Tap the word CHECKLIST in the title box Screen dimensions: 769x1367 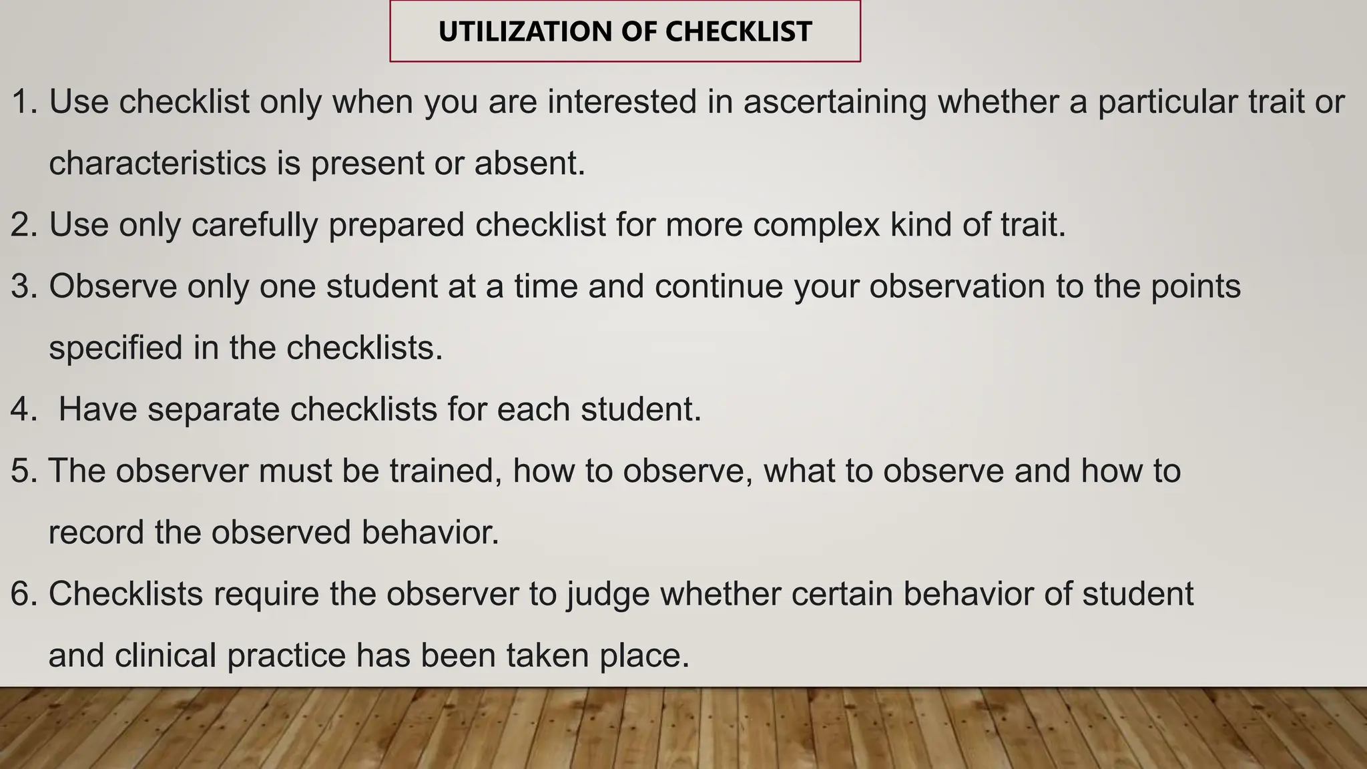(738, 32)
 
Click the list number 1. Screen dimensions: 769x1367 (25, 102)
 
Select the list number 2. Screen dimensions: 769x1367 (23, 225)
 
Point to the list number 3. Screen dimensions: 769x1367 (23, 286)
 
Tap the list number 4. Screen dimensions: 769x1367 (23, 409)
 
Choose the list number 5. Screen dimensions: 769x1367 (23, 471)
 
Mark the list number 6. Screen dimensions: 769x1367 (23, 594)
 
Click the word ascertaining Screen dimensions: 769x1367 (835, 102)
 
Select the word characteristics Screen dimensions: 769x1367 (158, 164)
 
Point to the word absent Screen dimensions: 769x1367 (529, 164)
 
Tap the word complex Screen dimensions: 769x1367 (816, 225)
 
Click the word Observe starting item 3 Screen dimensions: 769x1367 (112, 286)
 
